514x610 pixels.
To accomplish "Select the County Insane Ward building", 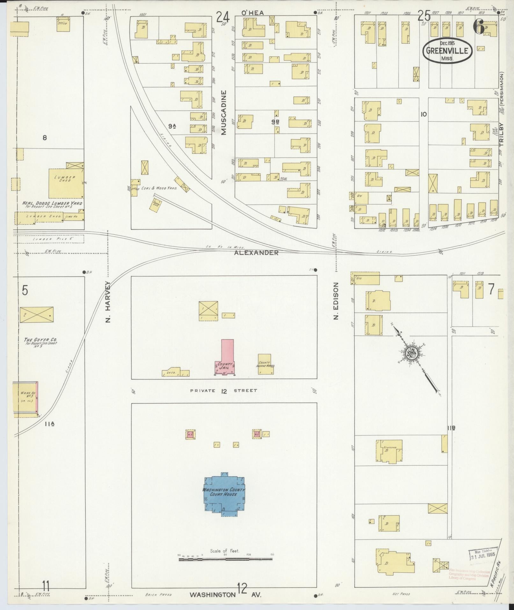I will pyautogui.click(x=265, y=364).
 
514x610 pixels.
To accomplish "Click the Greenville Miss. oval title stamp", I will pyautogui.click(x=447, y=51).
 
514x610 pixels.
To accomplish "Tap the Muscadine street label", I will pyautogui.click(x=224, y=112).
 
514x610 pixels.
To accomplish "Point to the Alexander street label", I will pyautogui.click(x=256, y=253).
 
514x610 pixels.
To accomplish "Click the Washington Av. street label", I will pyautogui.click(x=225, y=595).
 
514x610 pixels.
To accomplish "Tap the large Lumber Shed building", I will pyautogui.click(x=66, y=183).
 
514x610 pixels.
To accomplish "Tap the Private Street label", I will pyautogui.click(x=224, y=391).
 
